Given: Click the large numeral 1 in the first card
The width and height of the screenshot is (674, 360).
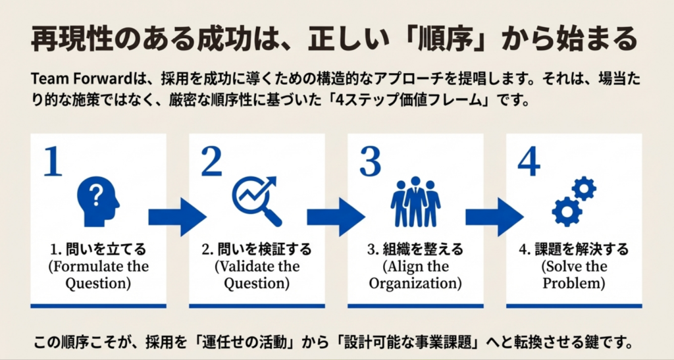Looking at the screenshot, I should click(x=53, y=162).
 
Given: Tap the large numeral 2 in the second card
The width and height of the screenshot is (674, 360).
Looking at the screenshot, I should click(x=211, y=162).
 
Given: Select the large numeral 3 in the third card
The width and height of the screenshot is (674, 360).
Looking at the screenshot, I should click(x=370, y=162).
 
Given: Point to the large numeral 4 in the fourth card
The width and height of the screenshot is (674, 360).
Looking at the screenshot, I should click(x=529, y=162).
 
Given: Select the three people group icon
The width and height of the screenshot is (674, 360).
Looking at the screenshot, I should click(x=415, y=201).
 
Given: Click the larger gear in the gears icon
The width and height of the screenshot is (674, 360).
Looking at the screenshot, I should click(x=566, y=211).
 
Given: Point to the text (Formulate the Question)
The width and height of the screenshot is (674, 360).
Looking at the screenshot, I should click(x=98, y=275).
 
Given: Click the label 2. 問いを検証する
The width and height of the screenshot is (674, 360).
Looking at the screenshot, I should click(x=257, y=250).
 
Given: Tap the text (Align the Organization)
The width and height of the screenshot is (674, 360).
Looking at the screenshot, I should click(x=415, y=275).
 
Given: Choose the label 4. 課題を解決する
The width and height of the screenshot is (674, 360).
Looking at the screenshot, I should click(x=574, y=250).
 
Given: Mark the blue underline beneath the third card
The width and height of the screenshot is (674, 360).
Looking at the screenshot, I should click(x=415, y=305).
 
